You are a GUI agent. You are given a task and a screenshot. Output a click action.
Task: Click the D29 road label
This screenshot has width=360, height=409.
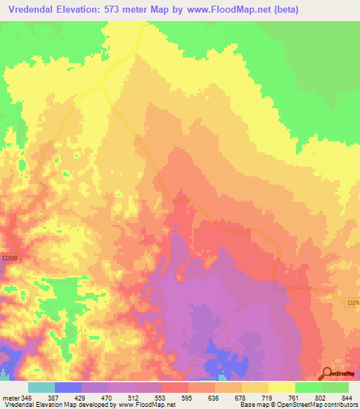tap(354, 303)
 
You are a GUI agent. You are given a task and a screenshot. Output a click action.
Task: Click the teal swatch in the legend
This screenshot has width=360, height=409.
tap(41, 387)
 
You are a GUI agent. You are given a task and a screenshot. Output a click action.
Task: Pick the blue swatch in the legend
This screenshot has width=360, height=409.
tap(68, 387)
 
